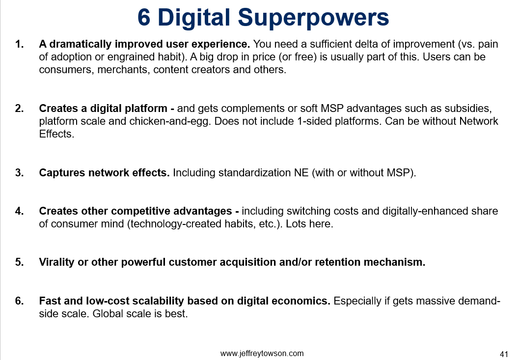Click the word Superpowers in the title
[313, 18]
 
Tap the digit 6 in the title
[144, 17]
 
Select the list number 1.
[19, 44]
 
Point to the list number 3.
[19, 172]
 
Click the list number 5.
[19, 262]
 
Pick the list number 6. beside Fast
[19, 301]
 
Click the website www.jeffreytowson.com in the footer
[262, 354]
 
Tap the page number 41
[504, 354]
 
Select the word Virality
[56, 262]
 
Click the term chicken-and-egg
[170, 121]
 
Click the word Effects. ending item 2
[56, 134]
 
